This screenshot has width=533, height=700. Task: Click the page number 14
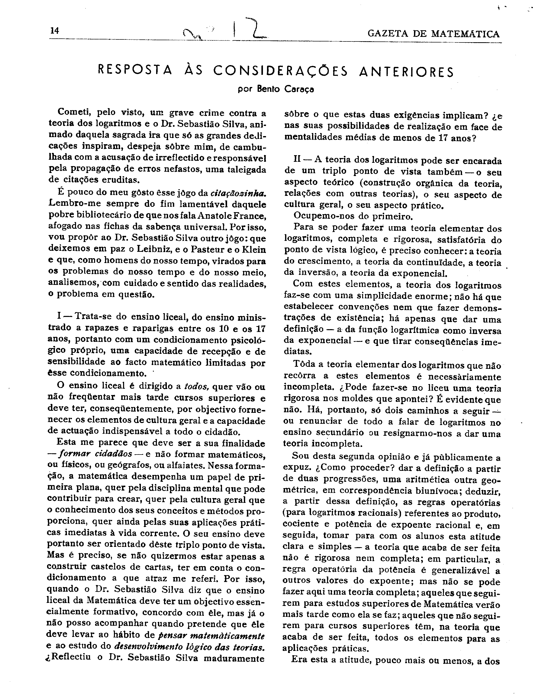tap(55, 31)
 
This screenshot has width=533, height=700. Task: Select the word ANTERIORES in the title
tap(406, 72)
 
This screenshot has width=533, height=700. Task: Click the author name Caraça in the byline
tap(299, 89)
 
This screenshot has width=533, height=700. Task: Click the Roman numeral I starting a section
tap(59, 317)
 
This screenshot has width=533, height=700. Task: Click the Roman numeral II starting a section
tap(297, 160)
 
